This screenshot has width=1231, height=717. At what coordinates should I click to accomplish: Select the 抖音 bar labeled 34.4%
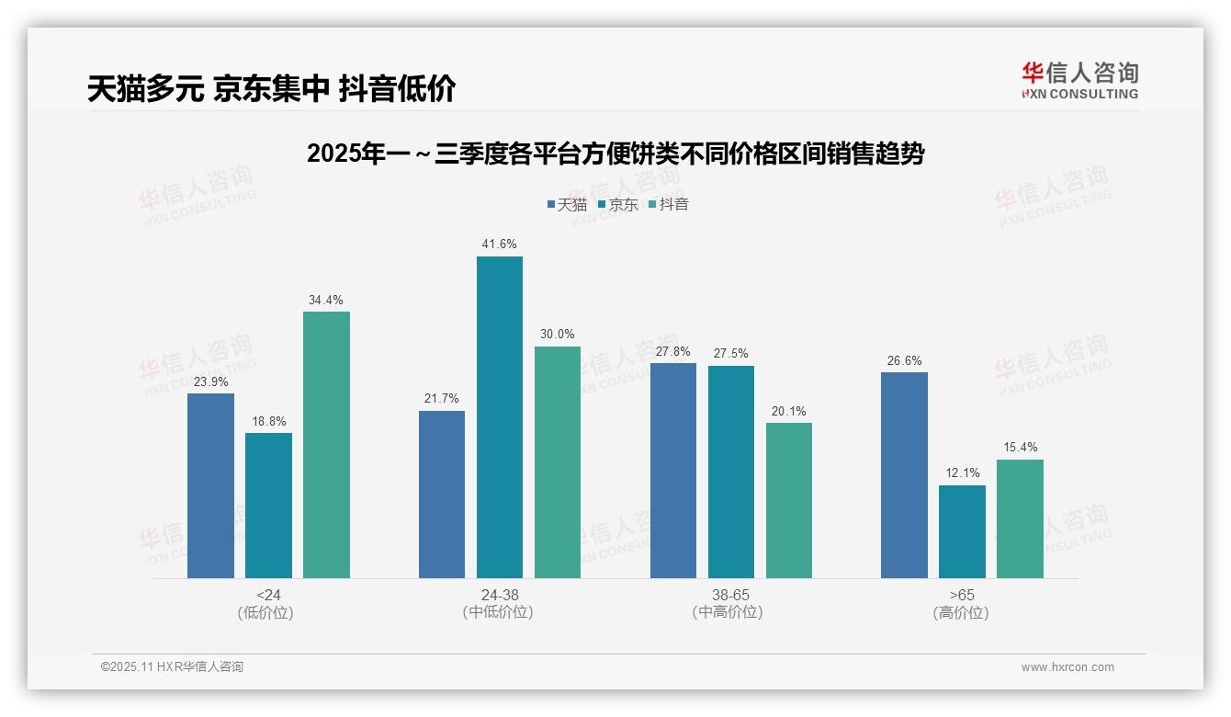tap(326, 445)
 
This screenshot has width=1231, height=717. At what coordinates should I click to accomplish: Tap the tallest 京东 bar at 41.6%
tap(499, 417)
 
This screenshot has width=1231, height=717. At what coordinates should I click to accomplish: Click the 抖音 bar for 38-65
tap(789, 500)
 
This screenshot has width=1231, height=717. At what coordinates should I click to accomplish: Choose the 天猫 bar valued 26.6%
tap(904, 475)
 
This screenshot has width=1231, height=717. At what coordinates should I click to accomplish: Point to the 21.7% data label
tap(442, 399)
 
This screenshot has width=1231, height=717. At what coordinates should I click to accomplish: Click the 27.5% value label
tap(731, 354)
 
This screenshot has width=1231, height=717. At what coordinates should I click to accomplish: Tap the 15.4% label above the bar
tap(1020, 448)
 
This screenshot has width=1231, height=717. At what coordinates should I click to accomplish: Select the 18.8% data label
tap(268, 421)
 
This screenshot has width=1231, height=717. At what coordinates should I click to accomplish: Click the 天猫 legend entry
tap(566, 205)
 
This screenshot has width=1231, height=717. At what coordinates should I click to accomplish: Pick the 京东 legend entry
tap(617, 205)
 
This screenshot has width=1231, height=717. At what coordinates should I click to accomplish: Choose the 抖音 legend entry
tap(668, 205)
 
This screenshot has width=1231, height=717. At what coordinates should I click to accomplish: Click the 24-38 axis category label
tap(499, 595)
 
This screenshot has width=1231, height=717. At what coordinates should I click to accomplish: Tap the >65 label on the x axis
tap(962, 595)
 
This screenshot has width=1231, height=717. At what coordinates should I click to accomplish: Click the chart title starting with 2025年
tap(615, 154)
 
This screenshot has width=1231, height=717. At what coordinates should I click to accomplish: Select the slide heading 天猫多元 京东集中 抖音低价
tap(272, 88)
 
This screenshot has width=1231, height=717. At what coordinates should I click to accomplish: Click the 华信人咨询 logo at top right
tap(1079, 81)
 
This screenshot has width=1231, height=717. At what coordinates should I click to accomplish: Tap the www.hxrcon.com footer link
tap(1067, 667)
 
